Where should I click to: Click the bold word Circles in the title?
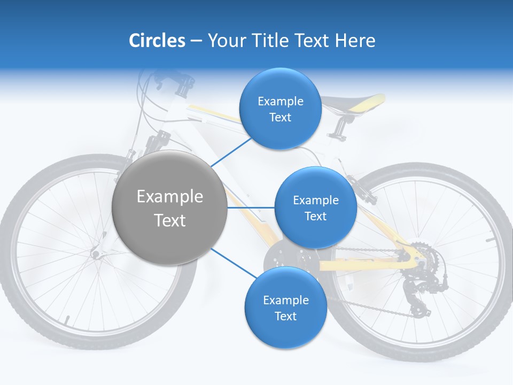click(157, 40)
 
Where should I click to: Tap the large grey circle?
click(170, 208)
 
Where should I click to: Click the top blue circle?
click(280, 109)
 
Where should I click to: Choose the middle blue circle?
click(315, 208)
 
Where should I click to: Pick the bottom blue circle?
click(285, 308)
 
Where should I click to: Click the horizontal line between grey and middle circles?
click(251, 207)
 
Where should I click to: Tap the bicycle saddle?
click(355, 102)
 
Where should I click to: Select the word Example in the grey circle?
click(170, 197)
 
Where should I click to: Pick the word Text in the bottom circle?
click(285, 316)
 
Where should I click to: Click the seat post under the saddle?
click(339, 126)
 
